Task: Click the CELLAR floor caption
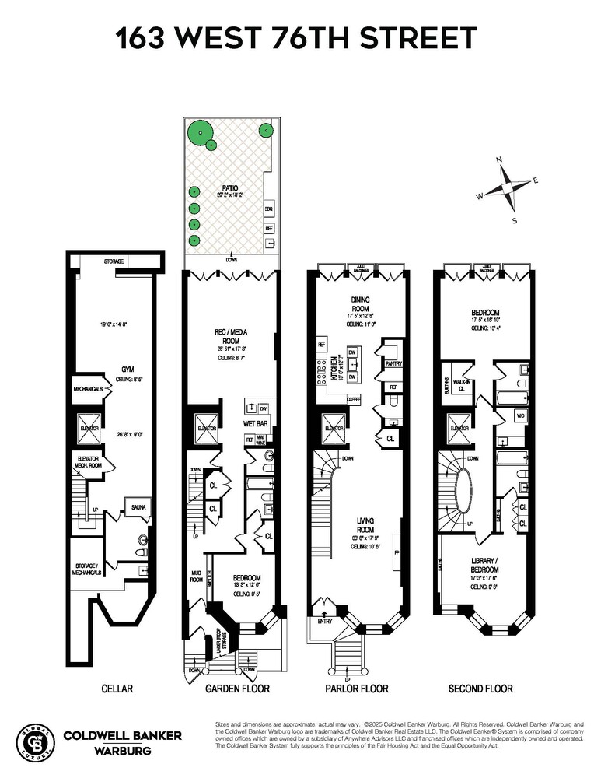pyautogui.click(x=117, y=689)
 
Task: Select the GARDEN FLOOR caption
pyautogui.click(x=232, y=689)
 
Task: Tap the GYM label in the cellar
pyautogui.click(x=118, y=370)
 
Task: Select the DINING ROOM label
pyautogui.click(x=359, y=303)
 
